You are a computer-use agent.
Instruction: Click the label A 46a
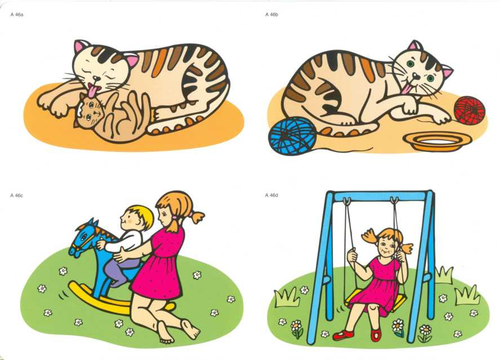coord(17,14)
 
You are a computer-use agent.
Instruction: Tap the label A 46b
coord(271,14)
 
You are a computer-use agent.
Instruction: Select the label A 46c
coord(16,195)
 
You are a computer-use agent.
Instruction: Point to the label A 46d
coord(271,195)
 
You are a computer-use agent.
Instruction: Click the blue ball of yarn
coord(293,136)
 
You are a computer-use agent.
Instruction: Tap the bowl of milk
coord(437,141)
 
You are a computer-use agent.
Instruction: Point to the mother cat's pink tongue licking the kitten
coord(93,90)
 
